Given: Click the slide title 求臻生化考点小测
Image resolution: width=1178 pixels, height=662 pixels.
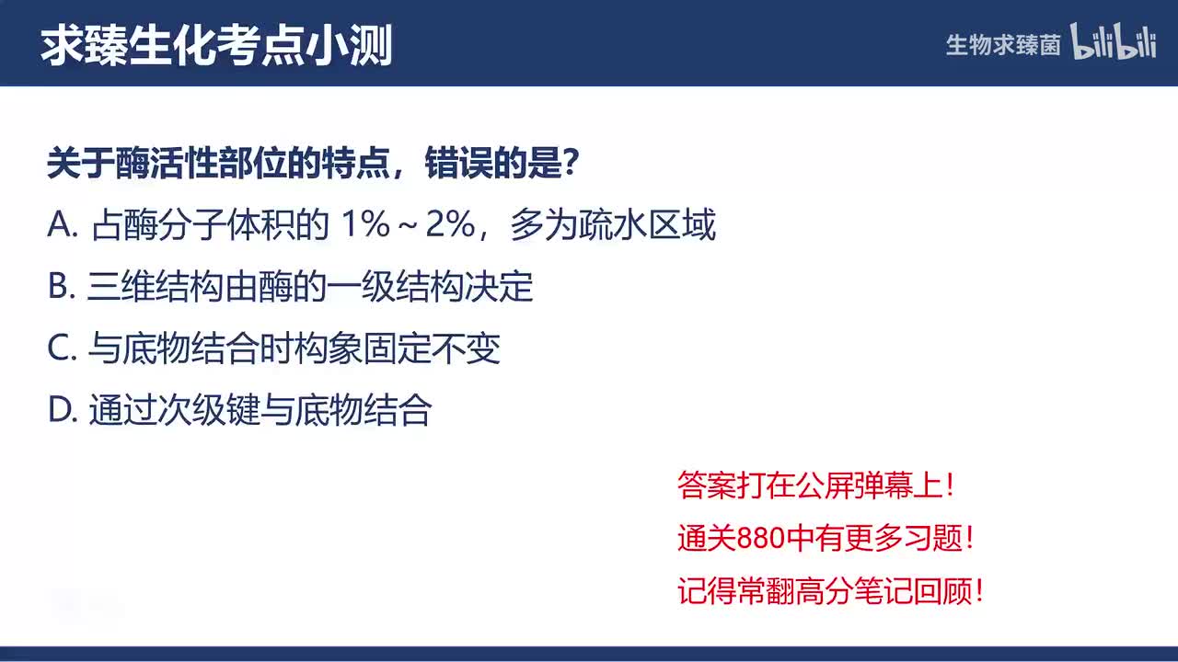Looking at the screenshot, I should click(x=216, y=45).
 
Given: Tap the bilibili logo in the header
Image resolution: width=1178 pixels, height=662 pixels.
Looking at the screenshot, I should click(x=1113, y=43).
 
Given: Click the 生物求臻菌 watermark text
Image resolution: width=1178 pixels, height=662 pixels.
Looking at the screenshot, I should click(x=1003, y=45).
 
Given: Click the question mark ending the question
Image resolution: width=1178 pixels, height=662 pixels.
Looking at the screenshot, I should click(x=570, y=165).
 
